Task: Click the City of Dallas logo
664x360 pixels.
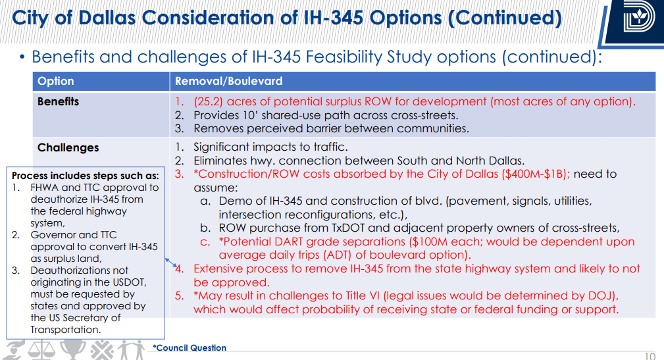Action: pyautogui.click(x=639, y=17)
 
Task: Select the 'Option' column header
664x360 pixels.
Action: pyautogui.click(x=55, y=81)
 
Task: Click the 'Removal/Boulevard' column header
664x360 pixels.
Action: pyautogui.click(x=228, y=81)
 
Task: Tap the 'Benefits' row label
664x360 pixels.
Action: pyautogui.click(x=58, y=101)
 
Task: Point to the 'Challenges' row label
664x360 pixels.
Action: pyautogui.click(x=68, y=147)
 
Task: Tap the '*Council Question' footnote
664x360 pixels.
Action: pyautogui.click(x=190, y=347)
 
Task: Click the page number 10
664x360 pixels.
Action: pyautogui.click(x=650, y=356)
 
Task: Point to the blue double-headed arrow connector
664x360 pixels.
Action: pyautogui.click(x=171, y=263)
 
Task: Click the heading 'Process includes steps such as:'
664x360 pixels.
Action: pyautogui.click(x=85, y=176)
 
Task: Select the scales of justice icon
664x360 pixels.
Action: pyautogui.click(x=42, y=350)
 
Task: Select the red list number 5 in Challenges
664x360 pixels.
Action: pyautogui.click(x=180, y=296)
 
